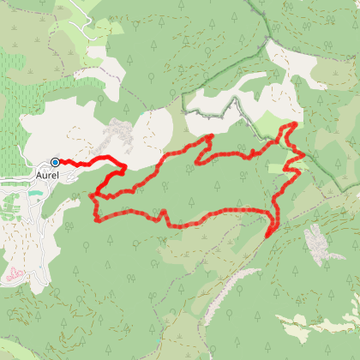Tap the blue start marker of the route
coord(55,162)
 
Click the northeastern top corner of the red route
coord(295,124)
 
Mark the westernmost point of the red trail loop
coord(92,197)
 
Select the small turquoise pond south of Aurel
coord(33,195)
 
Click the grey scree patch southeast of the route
coord(317,243)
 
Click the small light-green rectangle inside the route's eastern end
coord(276,168)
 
